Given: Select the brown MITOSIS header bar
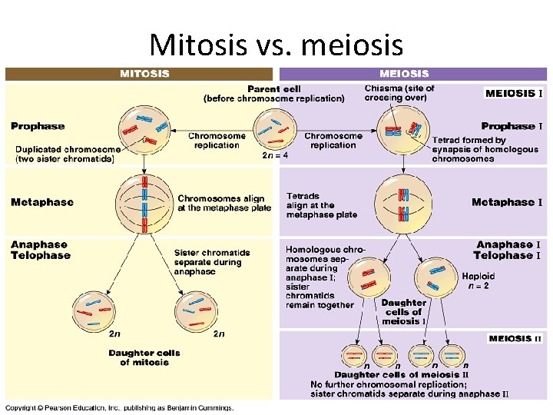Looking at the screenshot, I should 139,74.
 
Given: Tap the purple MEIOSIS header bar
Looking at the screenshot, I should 412,74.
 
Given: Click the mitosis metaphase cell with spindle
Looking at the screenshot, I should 144,203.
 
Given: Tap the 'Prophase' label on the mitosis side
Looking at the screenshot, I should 38,126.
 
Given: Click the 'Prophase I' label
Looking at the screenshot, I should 512,126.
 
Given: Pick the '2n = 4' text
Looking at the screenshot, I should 276,155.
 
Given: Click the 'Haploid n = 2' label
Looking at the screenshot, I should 478,281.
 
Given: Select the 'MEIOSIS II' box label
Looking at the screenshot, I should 515,338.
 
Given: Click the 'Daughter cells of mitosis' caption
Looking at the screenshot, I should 144,357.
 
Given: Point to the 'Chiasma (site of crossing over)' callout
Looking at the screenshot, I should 399,93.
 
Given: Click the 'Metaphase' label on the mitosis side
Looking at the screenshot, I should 42,202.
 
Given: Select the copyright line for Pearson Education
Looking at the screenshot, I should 120,407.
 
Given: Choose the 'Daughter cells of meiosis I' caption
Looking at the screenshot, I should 403,311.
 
